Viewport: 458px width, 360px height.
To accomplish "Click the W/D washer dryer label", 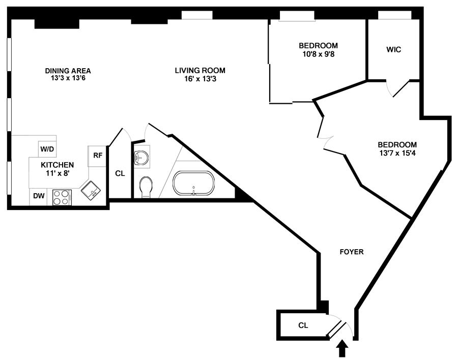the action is pyautogui.click(x=47, y=149).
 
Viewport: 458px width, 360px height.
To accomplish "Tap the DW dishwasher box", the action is pyautogui.click(x=39, y=196).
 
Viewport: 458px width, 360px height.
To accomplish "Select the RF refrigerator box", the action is pyautogui.click(x=98, y=156).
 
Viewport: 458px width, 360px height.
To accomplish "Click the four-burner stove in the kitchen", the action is pyautogui.click(x=61, y=197).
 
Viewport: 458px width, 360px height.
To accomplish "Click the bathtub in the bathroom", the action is pyautogui.click(x=193, y=183).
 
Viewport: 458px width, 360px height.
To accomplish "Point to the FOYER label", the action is pyautogui.click(x=352, y=252).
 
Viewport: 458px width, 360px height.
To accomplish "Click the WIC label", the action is pyautogui.click(x=393, y=50).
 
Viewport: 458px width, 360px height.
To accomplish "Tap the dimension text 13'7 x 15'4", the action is pyautogui.click(x=397, y=152).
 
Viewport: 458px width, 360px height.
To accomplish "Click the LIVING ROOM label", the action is pyautogui.click(x=200, y=71).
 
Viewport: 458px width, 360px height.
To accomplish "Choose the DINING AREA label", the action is pyautogui.click(x=68, y=71).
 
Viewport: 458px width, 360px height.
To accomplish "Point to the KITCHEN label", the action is pyautogui.click(x=58, y=165).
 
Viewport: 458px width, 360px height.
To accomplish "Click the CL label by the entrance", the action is pyautogui.click(x=303, y=324).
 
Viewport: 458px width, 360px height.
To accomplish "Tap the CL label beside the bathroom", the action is pyautogui.click(x=120, y=173).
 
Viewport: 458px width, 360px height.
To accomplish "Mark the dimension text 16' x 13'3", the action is pyautogui.click(x=200, y=79).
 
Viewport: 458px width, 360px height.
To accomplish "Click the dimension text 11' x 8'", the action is pyautogui.click(x=58, y=173).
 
